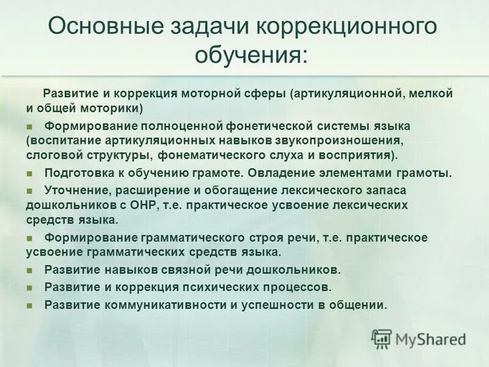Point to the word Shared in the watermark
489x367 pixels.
[440, 339]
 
